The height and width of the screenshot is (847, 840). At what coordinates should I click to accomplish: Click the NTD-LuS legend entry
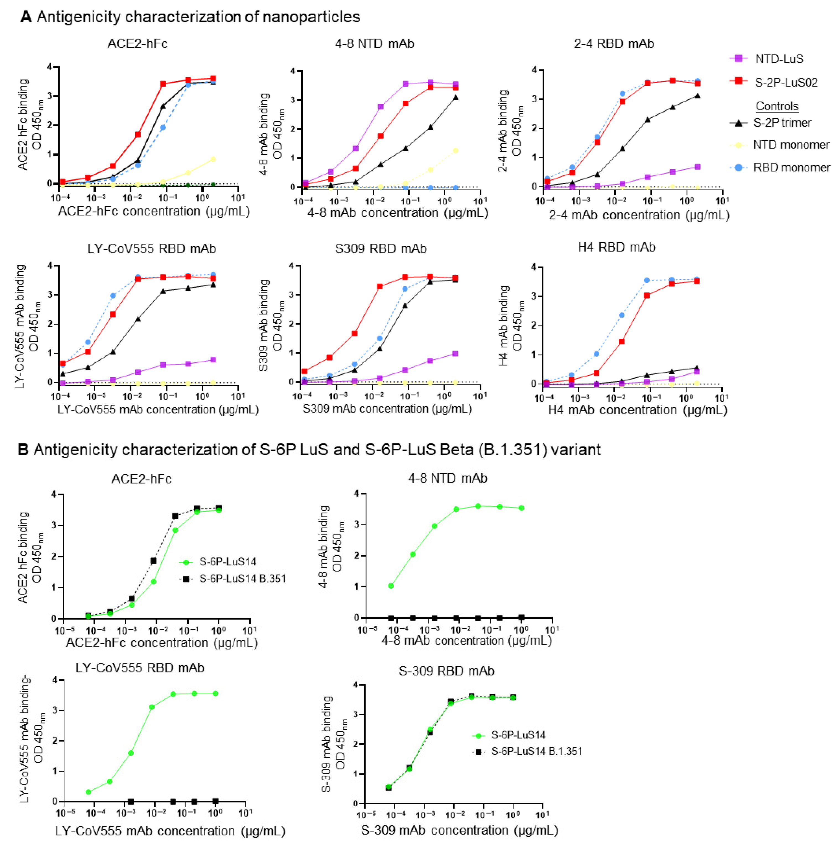pyautogui.click(x=779, y=59)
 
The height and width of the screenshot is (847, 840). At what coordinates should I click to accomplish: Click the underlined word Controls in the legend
pyautogui.click(x=777, y=106)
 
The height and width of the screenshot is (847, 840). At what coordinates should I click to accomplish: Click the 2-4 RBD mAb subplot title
pyautogui.click(x=613, y=44)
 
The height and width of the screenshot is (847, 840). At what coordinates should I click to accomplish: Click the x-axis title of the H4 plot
pyautogui.click(x=637, y=410)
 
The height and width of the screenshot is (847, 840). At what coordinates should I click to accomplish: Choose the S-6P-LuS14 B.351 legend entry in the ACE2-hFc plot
pyautogui.click(x=242, y=579)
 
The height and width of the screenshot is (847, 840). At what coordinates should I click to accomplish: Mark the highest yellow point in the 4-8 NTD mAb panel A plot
pyautogui.click(x=455, y=151)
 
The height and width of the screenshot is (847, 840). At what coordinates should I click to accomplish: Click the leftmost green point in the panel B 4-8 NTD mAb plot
pyautogui.click(x=391, y=586)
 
